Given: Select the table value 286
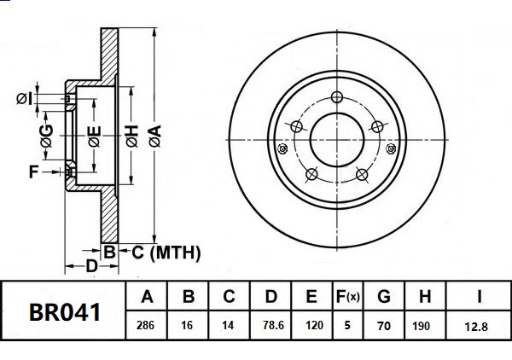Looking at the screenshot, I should coord(147,325).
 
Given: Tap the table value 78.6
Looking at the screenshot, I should coord(271,325).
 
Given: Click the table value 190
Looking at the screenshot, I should coord(424,325).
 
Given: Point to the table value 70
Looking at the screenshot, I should coord(384,325).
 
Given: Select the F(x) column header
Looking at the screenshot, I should coord(347,298).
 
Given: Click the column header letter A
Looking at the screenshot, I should coord(147,298).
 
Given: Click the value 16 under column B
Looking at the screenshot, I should coord(189,325).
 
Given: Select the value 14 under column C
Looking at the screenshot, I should coord(229,325).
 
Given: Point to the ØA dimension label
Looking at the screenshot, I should coord(154,134).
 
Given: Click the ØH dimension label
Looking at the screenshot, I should coord(131,134).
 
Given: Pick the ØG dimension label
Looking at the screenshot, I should coord(48,134).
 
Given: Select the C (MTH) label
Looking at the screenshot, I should coord(165,252).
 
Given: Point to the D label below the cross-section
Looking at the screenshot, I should coord(91,266).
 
